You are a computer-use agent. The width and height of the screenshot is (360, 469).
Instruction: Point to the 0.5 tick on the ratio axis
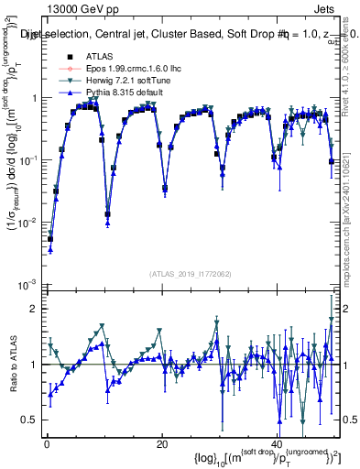pos(29,420)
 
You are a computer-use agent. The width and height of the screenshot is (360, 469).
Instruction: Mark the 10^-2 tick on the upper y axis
pos(27,222)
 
